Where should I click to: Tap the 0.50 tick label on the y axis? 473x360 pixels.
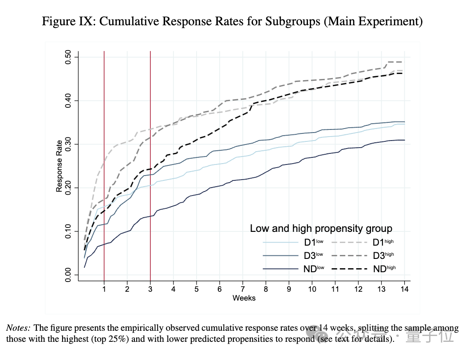[68, 58]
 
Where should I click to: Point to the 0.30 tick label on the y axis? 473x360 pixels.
[68, 145]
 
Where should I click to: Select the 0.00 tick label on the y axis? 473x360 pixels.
[68, 275]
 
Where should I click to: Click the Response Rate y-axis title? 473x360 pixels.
[59, 166]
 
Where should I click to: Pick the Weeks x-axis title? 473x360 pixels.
[244, 298]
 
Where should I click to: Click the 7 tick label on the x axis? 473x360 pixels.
[243, 289]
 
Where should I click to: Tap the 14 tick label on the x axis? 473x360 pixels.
[404, 289]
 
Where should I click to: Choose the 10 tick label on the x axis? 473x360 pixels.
[312, 289]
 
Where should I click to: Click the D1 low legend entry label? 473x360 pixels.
[314, 243]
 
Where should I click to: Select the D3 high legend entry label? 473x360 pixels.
[383, 256]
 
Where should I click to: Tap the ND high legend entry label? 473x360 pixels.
[384, 269]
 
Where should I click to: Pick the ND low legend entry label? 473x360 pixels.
[314, 269]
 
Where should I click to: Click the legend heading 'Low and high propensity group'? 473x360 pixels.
[321, 229]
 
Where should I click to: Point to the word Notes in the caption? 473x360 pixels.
[18, 329]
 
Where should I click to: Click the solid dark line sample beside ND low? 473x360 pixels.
[280, 269]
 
